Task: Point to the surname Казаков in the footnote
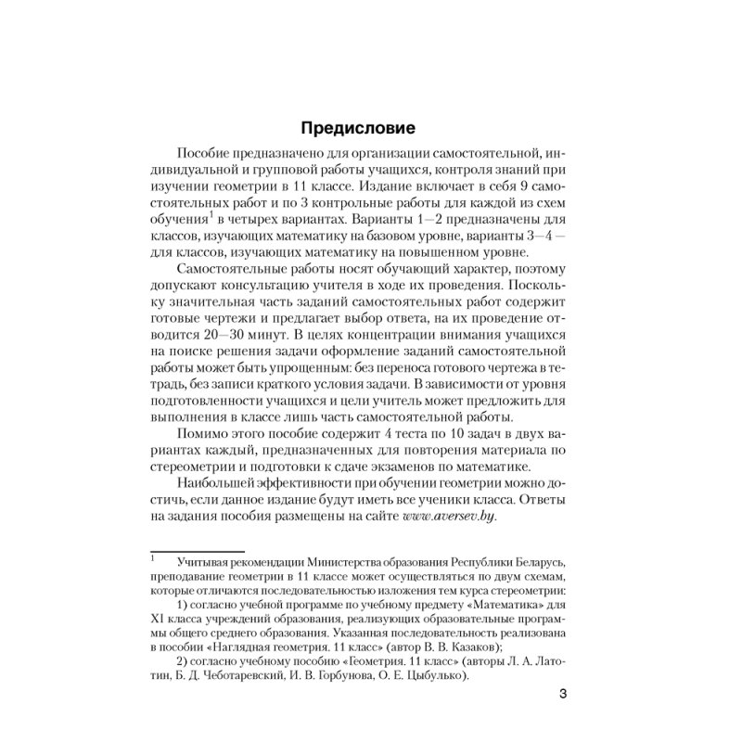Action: (x=473, y=647)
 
